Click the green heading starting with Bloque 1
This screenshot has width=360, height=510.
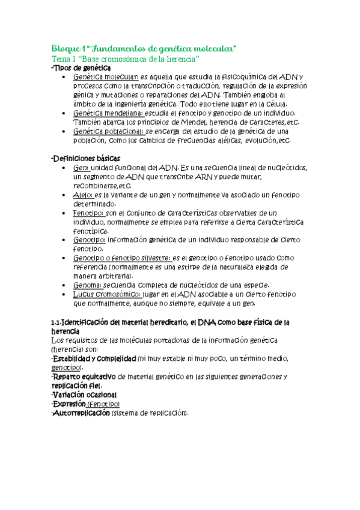144,48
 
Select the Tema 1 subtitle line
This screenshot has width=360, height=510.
125,58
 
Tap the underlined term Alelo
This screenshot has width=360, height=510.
82,195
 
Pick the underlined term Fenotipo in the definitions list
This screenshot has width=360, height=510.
88,213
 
